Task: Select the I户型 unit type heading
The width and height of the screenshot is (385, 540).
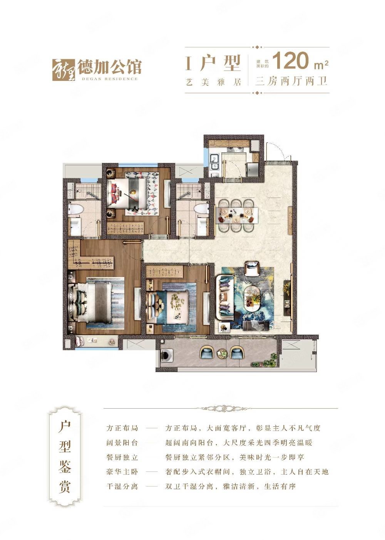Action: coord(213,63)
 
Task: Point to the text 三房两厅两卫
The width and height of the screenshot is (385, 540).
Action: coord(291,81)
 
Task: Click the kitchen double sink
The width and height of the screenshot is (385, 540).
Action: coord(213,163)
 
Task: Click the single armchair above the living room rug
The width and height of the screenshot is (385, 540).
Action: coord(252,268)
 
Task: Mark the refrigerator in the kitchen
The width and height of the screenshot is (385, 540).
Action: coord(251,170)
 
